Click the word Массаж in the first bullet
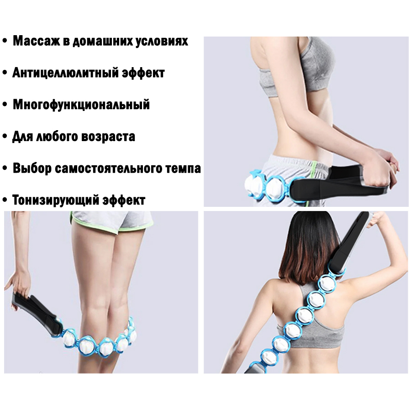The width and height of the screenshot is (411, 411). [36, 42]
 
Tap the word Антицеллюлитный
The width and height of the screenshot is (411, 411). [65, 73]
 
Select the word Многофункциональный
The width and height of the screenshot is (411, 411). [81, 105]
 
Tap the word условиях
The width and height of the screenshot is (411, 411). [162, 42]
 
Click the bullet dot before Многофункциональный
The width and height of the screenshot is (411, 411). [5, 105]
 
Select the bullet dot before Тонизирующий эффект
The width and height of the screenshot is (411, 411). [5, 200]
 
